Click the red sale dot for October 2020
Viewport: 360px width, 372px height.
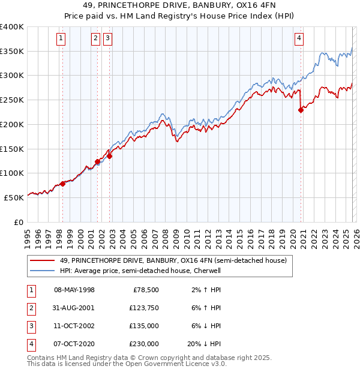point(301,109)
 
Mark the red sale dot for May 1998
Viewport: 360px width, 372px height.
point(62,184)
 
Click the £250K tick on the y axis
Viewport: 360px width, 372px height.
point(12,100)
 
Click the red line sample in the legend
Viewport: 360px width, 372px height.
point(43,261)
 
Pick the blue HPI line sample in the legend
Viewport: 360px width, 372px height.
point(43,271)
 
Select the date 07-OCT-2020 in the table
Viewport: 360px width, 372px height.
point(74,344)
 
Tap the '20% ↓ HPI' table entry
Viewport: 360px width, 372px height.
point(204,344)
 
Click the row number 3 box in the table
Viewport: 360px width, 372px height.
point(31,326)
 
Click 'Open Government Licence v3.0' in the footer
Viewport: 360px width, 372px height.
point(174,364)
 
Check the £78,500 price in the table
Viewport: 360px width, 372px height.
point(145,289)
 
